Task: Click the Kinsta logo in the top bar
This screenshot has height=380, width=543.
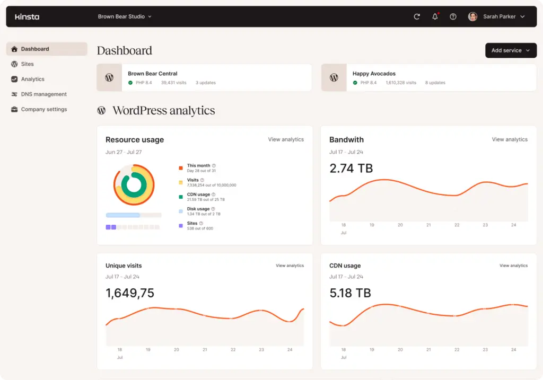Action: (x=27, y=16)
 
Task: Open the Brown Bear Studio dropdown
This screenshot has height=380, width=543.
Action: (x=125, y=16)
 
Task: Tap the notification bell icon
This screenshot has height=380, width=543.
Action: (x=435, y=16)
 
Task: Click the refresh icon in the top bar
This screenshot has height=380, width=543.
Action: (x=417, y=16)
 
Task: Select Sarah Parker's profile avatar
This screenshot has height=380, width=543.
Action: (x=472, y=16)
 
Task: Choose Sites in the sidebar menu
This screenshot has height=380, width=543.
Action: (x=27, y=64)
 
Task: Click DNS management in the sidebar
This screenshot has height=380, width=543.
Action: (x=43, y=94)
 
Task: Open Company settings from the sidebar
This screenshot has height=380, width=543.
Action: (x=43, y=109)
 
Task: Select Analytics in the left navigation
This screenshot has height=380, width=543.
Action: (x=32, y=79)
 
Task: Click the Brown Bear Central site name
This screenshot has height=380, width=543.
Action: (x=152, y=74)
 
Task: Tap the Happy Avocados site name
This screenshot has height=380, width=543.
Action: (x=374, y=74)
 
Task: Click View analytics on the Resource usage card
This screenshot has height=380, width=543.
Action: (x=286, y=139)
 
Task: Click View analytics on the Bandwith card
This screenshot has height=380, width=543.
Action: (x=510, y=139)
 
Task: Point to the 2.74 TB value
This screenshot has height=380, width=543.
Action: (x=351, y=169)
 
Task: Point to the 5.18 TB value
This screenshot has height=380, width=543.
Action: (x=350, y=293)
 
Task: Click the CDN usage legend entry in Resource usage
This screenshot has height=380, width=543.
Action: (x=199, y=195)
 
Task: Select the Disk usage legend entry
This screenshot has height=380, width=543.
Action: (x=199, y=209)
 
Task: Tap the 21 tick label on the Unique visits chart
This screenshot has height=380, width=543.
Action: (x=205, y=350)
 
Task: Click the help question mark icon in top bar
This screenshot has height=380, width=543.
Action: (x=453, y=16)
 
